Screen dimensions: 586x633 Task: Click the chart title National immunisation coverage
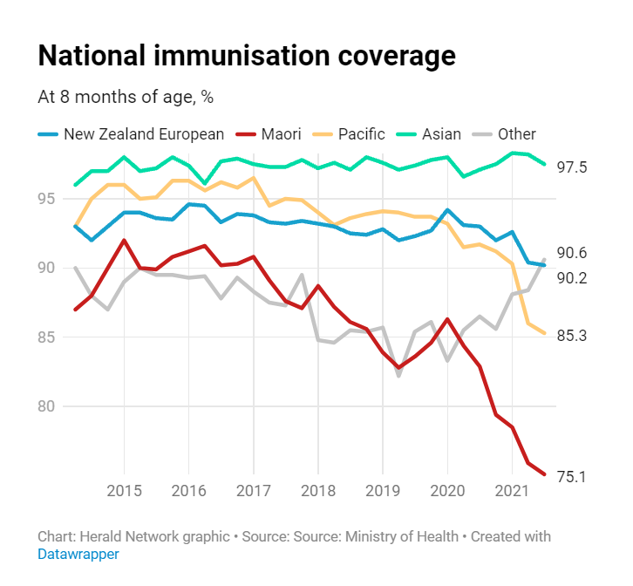coord(247,56)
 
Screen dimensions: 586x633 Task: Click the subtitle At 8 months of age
coord(126,97)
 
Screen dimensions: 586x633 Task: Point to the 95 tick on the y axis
coord(48,198)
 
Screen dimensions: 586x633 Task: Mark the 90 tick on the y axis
coord(48,268)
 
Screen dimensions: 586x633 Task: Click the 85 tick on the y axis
coord(48,337)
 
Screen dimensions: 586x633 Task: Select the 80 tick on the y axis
coord(48,406)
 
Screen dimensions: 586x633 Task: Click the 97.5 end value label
coord(571,167)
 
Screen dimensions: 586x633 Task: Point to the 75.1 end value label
coord(571,477)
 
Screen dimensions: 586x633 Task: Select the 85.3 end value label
coord(571,335)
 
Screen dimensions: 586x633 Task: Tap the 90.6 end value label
coord(571,253)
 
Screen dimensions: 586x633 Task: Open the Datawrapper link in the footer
coord(78,554)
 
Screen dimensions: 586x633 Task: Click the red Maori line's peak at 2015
coord(124,240)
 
